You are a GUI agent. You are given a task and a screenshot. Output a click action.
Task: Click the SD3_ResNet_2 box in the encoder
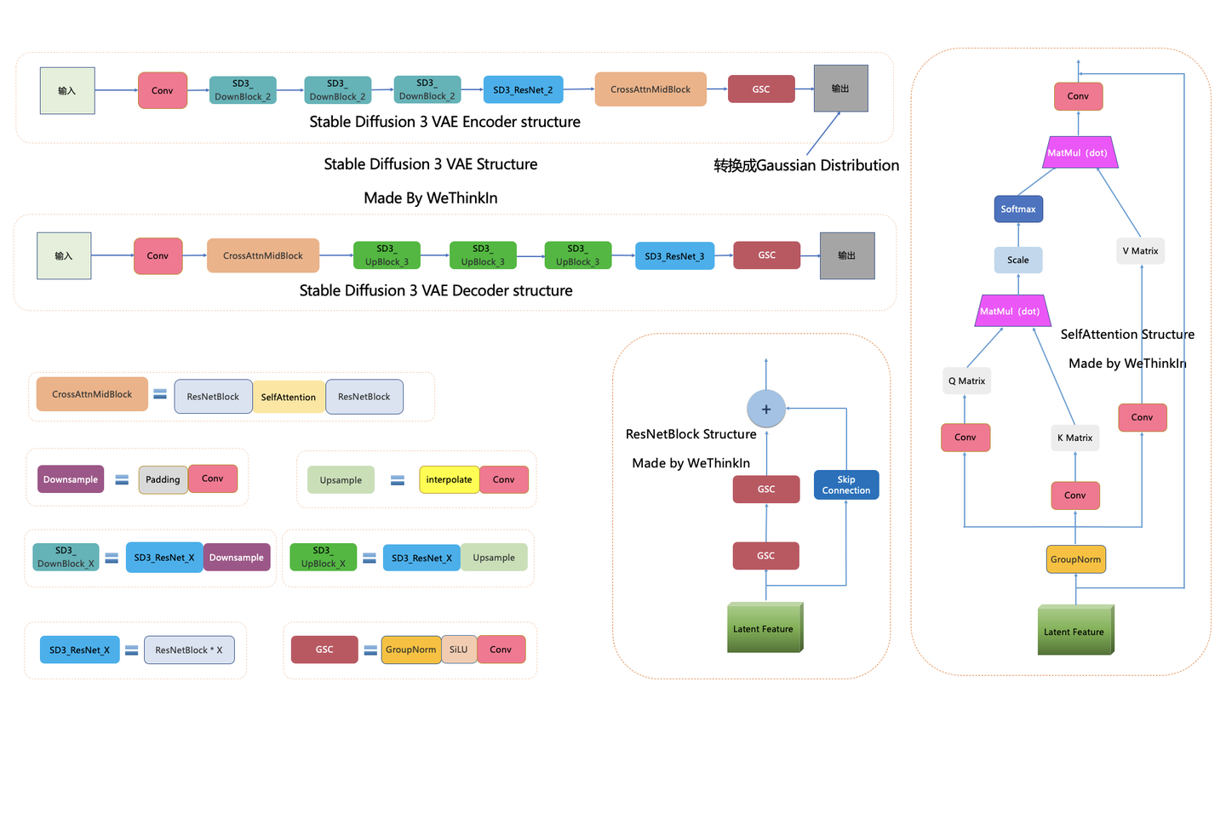[524, 89]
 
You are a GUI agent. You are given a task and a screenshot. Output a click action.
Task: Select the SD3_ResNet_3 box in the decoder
[674, 255]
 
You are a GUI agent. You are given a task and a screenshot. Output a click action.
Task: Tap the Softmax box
[1018, 209]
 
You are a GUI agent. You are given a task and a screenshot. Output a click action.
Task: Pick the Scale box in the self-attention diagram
[1018, 260]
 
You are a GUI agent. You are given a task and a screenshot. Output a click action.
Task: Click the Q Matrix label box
[966, 381]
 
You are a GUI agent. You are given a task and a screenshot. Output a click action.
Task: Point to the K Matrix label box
[1075, 438]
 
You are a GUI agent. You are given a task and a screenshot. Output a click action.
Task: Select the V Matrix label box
[1141, 251]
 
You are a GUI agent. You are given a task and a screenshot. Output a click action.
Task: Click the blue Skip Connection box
[846, 484]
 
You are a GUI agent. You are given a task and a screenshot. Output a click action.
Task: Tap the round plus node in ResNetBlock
[766, 409]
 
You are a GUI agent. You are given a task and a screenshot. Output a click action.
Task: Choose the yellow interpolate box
[449, 479]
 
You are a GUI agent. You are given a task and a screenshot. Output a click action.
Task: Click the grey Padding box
[163, 479]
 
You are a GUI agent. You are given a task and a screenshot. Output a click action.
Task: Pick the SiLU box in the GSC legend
[459, 650]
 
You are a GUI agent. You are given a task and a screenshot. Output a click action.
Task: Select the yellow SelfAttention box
[289, 397]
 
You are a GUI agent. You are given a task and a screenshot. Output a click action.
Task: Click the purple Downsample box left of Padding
[71, 479]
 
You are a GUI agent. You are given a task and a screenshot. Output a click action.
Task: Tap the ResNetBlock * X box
[189, 650]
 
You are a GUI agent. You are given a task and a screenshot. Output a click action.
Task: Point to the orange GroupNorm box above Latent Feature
[1075, 559]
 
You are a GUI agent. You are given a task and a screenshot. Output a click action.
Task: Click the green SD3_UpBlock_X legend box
[323, 557]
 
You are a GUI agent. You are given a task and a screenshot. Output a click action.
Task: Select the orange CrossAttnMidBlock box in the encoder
[650, 89]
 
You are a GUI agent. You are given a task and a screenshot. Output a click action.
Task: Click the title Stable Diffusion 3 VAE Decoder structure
[436, 290]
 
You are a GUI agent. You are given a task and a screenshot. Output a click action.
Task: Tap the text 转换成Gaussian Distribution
[806, 165]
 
